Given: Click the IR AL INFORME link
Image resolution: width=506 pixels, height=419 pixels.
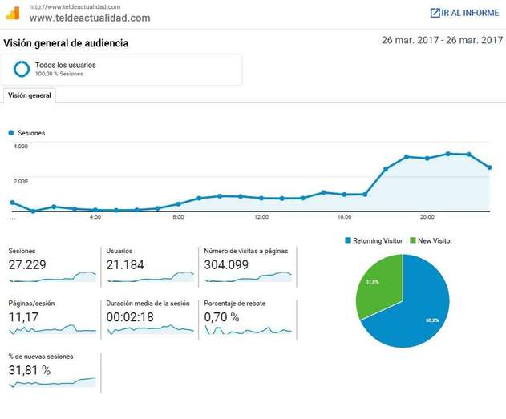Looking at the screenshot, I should coord(464,13).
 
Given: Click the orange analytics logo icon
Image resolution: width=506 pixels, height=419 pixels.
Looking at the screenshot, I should coord(12,13).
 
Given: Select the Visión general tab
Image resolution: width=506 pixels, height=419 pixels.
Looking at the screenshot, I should coord(30,95).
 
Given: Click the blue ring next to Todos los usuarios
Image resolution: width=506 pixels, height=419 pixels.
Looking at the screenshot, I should coord(22,69).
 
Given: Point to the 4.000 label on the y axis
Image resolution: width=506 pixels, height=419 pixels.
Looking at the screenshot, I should coord(21,147).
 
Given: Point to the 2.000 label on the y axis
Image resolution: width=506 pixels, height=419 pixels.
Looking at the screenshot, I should coord(21,180).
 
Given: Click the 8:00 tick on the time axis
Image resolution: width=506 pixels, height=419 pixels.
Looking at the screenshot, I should coord(178,217).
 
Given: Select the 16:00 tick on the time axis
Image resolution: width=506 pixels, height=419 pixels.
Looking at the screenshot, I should coord(344,217).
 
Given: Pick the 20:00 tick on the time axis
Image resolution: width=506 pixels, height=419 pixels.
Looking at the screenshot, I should coord(427,217).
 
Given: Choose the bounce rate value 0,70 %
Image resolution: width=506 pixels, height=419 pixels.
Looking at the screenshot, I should coord(222,317).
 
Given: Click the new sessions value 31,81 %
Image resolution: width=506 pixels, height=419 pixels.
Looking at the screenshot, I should coord(30,370).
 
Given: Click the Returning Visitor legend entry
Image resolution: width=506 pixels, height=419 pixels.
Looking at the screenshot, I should coord(375,240).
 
